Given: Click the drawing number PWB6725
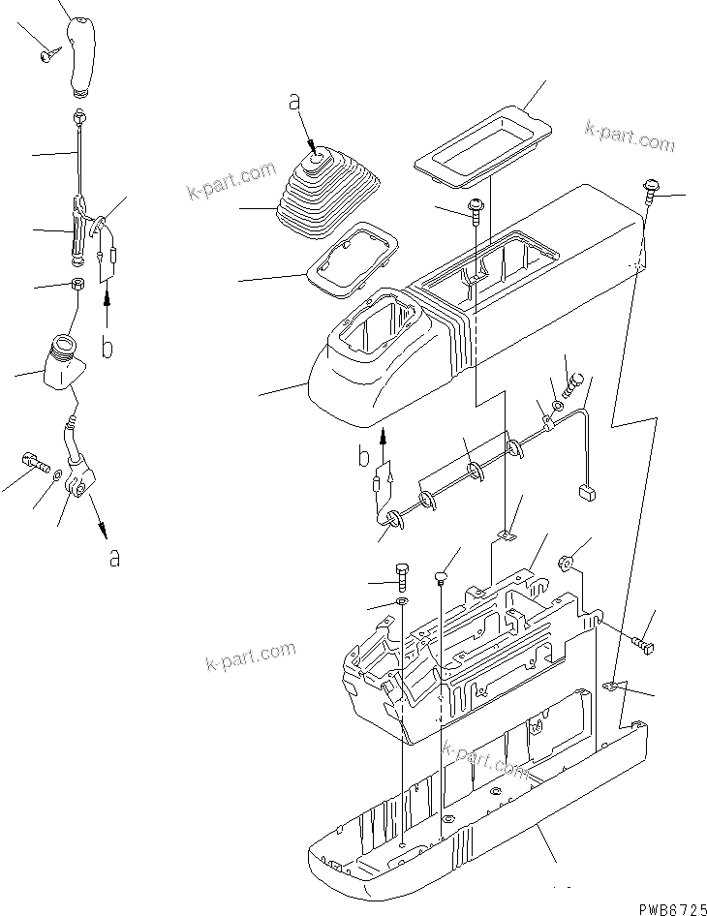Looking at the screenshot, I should click(x=667, y=908).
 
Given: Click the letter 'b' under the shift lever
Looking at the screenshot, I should click(x=108, y=347).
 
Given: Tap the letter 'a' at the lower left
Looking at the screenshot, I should click(x=114, y=558).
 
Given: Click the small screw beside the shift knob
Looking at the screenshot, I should click(x=47, y=57).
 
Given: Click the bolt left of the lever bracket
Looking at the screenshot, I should click(x=33, y=463).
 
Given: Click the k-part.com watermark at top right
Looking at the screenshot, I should click(x=630, y=137).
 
